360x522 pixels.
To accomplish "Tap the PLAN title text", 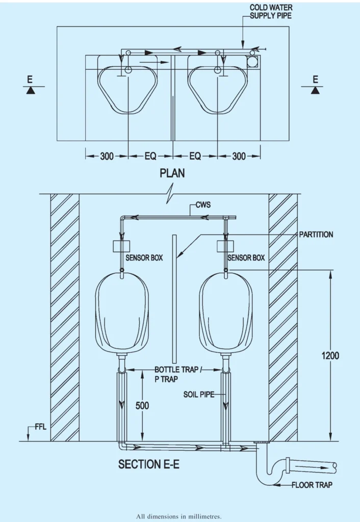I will coord(172,173).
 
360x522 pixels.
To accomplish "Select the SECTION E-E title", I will coord(148,464).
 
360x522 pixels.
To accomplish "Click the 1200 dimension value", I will coord(330,356).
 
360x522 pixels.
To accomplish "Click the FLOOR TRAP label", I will coord(312,485).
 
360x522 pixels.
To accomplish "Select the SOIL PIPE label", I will coord(198,395).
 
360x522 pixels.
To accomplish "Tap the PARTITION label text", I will coord(316,234).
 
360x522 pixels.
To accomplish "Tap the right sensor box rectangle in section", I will coord(225,246).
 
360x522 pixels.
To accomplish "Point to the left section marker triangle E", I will coord(31,90).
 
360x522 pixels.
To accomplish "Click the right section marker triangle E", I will coord(316,90).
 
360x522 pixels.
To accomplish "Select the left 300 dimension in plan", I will coord(107,156).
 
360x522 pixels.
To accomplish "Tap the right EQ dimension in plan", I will coord(195,156).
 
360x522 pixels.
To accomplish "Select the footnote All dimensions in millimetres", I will coord(179,516).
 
